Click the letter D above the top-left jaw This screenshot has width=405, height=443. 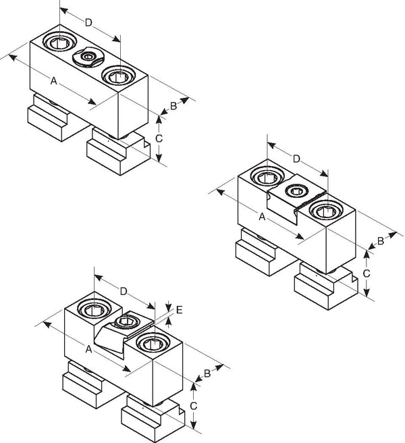(88, 22)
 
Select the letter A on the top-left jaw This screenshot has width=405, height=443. (53, 81)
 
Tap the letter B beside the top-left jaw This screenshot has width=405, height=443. (173, 106)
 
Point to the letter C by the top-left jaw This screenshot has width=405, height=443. (159, 138)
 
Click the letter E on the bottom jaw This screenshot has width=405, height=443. (180, 310)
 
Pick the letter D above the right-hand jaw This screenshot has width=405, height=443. (296, 159)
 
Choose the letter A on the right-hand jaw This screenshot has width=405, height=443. (262, 217)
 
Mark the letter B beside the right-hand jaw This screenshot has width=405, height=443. (381, 241)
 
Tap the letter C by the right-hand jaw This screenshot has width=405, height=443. (367, 273)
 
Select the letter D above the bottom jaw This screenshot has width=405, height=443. (124, 291)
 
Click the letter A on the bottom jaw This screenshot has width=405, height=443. (88, 349)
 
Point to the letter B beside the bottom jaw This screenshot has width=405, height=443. (207, 373)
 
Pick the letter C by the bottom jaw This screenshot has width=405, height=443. (193, 406)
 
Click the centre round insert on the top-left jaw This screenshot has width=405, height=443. (88, 57)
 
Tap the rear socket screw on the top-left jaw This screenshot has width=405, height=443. (59, 43)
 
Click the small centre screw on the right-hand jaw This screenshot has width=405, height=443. (296, 191)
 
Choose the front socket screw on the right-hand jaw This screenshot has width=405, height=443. (326, 210)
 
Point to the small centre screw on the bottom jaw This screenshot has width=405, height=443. (127, 321)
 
